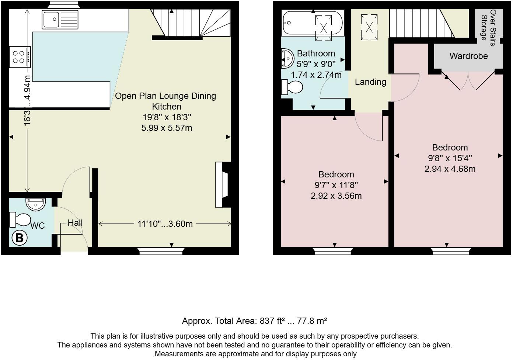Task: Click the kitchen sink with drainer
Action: coord(60,20)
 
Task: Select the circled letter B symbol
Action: coord(20,238)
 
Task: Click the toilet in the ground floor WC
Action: coord(20,220)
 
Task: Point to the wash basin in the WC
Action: coord(36,204)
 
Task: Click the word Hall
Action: coord(75,223)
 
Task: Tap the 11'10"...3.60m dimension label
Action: coord(165,224)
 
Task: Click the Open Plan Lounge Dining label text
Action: coord(165,96)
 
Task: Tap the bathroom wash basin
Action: coord(287,59)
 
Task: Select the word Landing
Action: coord(370,82)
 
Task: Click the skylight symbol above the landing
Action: coord(369,27)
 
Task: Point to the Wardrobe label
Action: coord(468,56)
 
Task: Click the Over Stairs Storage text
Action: coord(488,27)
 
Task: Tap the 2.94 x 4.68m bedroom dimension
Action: coord(450,169)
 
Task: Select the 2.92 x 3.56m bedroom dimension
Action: coord(336,196)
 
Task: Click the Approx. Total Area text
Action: coord(254,321)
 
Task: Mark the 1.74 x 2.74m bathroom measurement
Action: coord(316,75)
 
